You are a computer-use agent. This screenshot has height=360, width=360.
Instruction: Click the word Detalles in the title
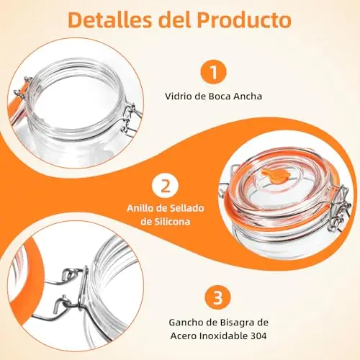tap(110, 19)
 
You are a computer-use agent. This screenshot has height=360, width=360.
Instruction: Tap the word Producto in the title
tap(244, 19)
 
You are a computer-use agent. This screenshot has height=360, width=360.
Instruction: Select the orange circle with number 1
tap(213, 72)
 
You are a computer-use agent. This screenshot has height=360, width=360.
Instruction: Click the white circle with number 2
tap(165, 186)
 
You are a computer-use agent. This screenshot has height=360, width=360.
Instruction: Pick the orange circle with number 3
tap(217, 298)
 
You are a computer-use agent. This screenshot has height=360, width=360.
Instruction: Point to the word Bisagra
tap(235, 323)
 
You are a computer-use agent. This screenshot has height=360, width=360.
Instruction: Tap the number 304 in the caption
tap(258, 336)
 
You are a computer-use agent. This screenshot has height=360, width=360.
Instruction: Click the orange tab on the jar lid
tap(276, 176)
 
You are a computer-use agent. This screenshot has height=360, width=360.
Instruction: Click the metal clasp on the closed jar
tap(339, 208)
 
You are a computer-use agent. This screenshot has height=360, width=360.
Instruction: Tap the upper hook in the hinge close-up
tap(70, 276)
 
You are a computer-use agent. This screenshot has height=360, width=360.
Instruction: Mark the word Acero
tap(184, 336)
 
